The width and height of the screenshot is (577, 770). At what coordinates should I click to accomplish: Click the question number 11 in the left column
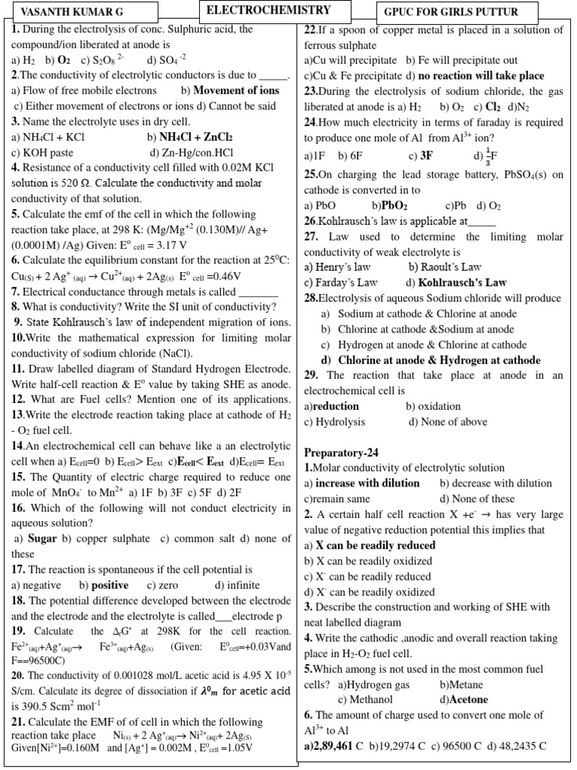[x=18, y=368]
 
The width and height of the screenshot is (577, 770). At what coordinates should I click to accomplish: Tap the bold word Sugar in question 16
[x=42, y=538]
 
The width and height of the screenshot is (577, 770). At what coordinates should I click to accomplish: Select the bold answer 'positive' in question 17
[x=109, y=585]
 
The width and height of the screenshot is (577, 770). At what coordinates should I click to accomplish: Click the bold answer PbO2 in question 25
[x=394, y=205]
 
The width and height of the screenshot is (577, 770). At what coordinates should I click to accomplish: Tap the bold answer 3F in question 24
[x=426, y=156]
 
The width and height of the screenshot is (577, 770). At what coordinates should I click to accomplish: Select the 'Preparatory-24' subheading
[x=342, y=453]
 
